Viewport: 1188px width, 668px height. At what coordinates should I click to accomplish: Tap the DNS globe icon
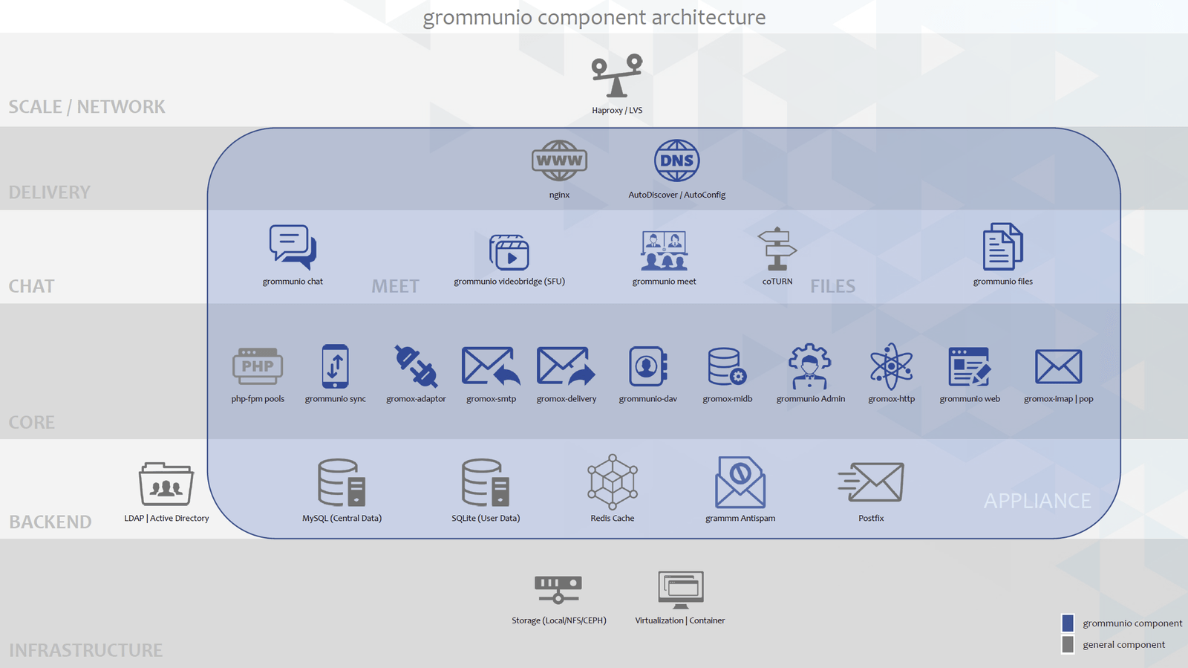click(x=676, y=160)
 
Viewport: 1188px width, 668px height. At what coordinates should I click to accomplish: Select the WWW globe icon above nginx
click(x=559, y=160)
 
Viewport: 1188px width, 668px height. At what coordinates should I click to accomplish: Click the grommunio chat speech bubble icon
click(x=293, y=247)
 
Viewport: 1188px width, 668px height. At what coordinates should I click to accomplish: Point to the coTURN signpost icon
click(x=777, y=249)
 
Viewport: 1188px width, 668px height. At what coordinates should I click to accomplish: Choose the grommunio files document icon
click(x=1002, y=247)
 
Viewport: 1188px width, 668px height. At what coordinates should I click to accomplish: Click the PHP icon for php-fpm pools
click(x=258, y=366)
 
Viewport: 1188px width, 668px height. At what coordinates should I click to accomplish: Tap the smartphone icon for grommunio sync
click(x=335, y=366)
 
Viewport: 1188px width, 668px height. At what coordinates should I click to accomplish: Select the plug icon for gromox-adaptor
click(x=416, y=366)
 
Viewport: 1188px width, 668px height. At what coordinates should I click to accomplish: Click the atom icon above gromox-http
click(x=891, y=366)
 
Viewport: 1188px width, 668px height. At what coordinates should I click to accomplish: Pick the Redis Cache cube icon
click(x=612, y=481)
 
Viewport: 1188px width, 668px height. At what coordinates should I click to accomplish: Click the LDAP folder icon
click(x=166, y=484)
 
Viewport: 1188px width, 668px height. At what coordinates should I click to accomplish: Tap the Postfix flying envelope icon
click(x=871, y=481)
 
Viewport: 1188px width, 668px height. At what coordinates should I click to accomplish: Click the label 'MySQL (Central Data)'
click(x=342, y=519)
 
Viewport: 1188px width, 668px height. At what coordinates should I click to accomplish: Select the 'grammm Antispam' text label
click(x=740, y=519)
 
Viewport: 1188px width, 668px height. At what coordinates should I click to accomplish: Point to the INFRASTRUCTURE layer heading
click(x=86, y=650)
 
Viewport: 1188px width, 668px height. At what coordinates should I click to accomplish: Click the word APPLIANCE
click(x=1037, y=501)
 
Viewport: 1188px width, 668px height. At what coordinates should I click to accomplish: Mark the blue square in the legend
click(x=1068, y=623)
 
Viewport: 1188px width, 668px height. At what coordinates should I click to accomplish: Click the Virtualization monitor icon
click(x=680, y=590)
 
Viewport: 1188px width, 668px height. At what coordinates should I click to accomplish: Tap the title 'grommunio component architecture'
click(x=594, y=17)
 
